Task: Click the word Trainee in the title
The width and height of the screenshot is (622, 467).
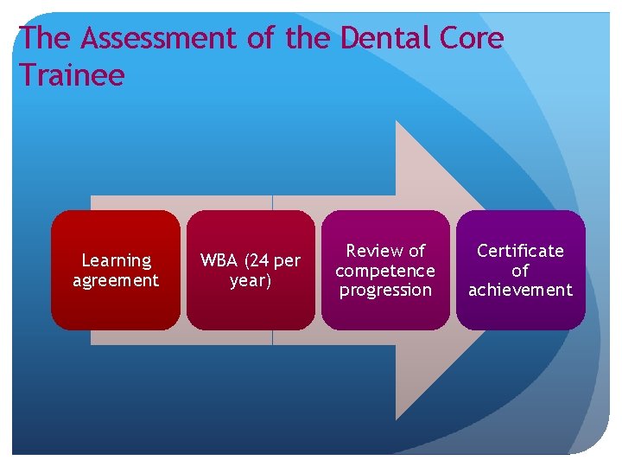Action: click(x=72, y=76)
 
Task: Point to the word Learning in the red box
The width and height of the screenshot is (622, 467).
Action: click(x=116, y=260)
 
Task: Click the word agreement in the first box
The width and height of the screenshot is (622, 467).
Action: click(x=116, y=280)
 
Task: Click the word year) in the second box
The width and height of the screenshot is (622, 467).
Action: click(x=251, y=280)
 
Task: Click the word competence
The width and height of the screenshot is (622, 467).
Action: click(x=385, y=271)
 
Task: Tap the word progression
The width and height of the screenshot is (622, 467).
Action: click(x=385, y=291)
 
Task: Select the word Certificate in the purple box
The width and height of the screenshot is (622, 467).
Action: click(x=520, y=251)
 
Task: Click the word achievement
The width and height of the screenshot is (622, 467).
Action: click(x=520, y=291)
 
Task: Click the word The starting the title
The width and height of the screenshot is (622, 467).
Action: click(x=43, y=39)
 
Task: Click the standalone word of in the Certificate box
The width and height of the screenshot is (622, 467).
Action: click(x=520, y=271)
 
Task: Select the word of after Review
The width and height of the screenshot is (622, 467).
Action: click(x=416, y=251)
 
